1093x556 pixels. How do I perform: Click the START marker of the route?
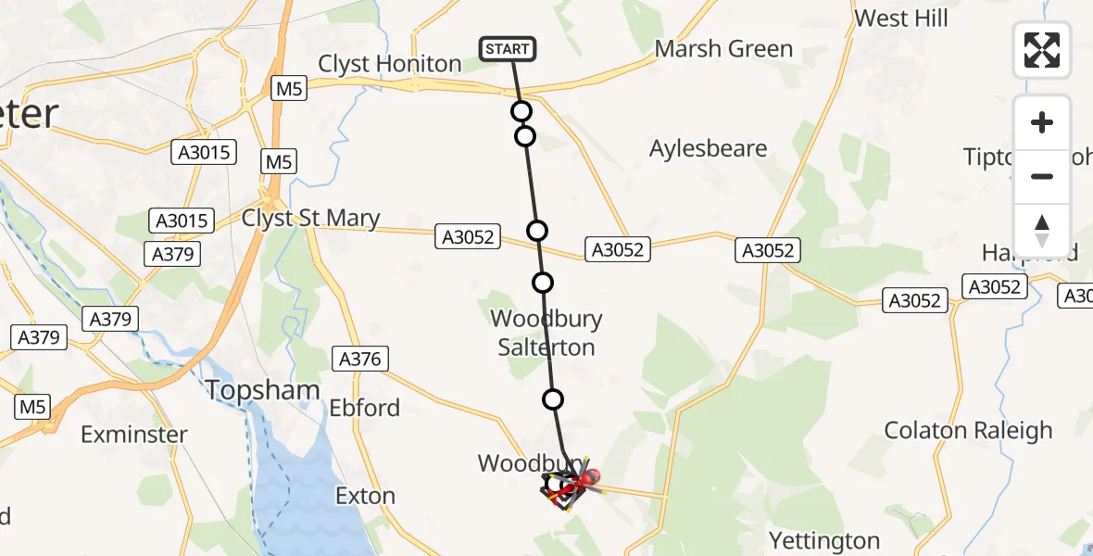508,49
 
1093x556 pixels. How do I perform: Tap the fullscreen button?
1042,50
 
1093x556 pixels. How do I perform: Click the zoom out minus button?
1042,176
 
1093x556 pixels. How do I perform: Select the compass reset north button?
1042,231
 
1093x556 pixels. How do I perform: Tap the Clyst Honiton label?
389,64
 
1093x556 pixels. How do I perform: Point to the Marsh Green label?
723,49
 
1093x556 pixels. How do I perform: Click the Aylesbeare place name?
709,148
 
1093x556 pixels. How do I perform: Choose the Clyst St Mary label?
310,218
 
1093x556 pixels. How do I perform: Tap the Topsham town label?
263,390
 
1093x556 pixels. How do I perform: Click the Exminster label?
134,434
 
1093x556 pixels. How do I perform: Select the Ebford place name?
365,408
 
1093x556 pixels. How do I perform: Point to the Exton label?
365,496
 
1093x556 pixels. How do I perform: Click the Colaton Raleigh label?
968,430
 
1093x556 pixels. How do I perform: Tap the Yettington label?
824,540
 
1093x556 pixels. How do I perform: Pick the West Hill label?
900,18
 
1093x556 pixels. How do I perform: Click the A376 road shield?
360,359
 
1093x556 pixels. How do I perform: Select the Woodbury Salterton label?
546,333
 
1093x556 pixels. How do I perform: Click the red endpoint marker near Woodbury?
588,478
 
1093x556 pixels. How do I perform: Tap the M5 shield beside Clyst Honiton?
288,89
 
